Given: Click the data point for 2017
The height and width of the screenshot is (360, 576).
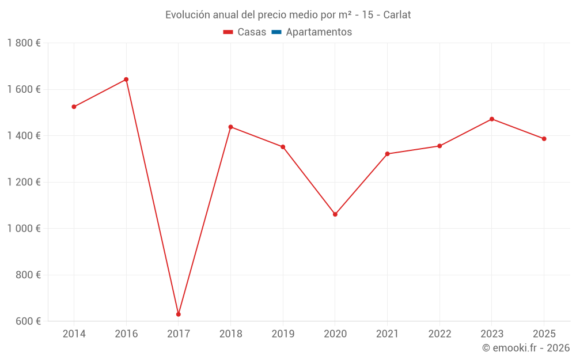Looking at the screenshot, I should click(x=179, y=314).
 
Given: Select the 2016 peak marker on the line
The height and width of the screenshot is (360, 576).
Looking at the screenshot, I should click(x=126, y=79).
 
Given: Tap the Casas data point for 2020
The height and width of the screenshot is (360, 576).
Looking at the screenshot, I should click(x=335, y=214).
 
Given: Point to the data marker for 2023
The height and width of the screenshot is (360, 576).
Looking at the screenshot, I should click(x=492, y=119).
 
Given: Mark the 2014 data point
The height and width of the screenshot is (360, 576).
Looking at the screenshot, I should click(x=74, y=107).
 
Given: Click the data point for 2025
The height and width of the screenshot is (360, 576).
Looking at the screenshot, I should click(x=544, y=139).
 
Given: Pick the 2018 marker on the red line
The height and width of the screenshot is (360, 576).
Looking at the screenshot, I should click(x=230, y=127).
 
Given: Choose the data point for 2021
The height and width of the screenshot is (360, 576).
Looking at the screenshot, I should click(x=387, y=154).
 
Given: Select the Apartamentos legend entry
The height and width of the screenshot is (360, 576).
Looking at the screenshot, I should click(x=319, y=32).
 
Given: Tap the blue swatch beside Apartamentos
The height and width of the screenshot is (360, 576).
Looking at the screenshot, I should click(x=276, y=32).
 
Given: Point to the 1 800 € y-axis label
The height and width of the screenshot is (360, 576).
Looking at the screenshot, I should click(x=24, y=43).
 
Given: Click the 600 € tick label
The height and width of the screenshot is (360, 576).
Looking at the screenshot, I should click(x=28, y=321).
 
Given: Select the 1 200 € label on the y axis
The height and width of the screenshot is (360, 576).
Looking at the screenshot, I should click(x=24, y=182).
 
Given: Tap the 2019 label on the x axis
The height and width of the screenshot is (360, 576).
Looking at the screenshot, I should click(x=283, y=334).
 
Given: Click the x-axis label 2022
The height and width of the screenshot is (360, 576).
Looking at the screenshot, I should click(x=439, y=334).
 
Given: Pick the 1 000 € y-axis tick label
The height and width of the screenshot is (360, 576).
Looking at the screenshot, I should click(x=24, y=228).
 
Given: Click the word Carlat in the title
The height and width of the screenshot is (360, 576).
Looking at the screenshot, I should click(x=396, y=15).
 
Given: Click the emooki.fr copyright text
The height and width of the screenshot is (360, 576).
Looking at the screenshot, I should click(x=525, y=348).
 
